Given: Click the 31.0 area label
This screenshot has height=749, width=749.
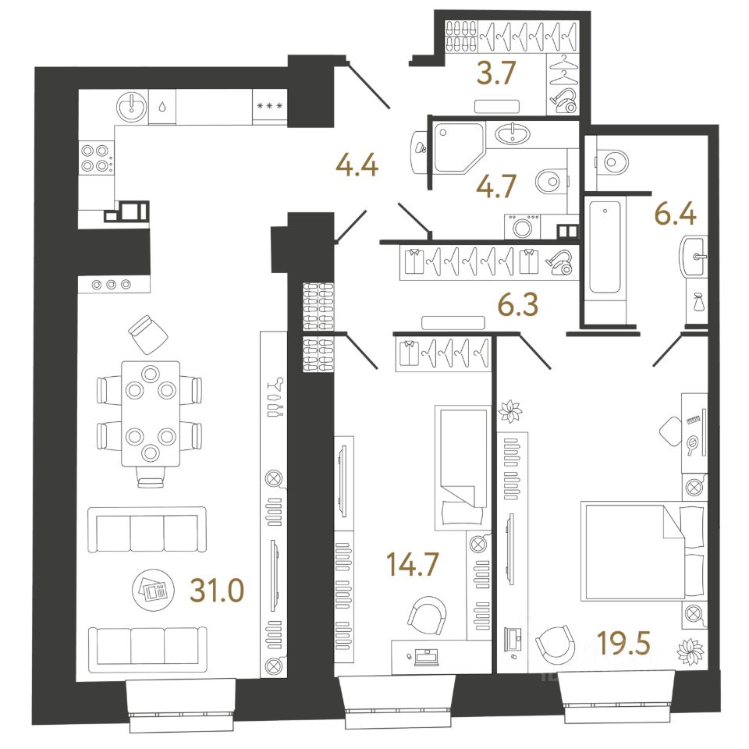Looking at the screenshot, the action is pyautogui.click(x=217, y=590).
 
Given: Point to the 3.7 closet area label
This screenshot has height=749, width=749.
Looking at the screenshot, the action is pyautogui.click(x=496, y=73).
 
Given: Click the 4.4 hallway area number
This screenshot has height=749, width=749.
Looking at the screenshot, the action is pyautogui.click(x=357, y=165).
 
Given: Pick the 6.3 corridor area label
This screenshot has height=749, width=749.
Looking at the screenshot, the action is pyautogui.click(x=518, y=304).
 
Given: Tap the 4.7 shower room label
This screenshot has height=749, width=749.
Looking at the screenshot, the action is pyautogui.click(x=496, y=186).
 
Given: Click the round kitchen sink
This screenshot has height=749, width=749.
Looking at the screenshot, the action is pyautogui.click(x=131, y=107).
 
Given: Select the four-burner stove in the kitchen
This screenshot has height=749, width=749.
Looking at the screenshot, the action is pyautogui.click(x=94, y=158).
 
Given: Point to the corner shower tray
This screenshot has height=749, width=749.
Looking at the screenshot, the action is pyautogui.click(x=459, y=147).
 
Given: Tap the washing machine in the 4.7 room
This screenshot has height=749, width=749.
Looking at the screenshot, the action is pyautogui.click(x=522, y=226).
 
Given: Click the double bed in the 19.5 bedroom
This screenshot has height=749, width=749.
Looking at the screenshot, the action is pyautogui.click(x=643, y=551).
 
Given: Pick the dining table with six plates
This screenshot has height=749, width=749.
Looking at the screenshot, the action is pyautogui.click(x=151, y=414).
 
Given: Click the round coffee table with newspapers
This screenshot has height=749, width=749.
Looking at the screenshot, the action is pyautogui.click(x=151, y=590).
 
